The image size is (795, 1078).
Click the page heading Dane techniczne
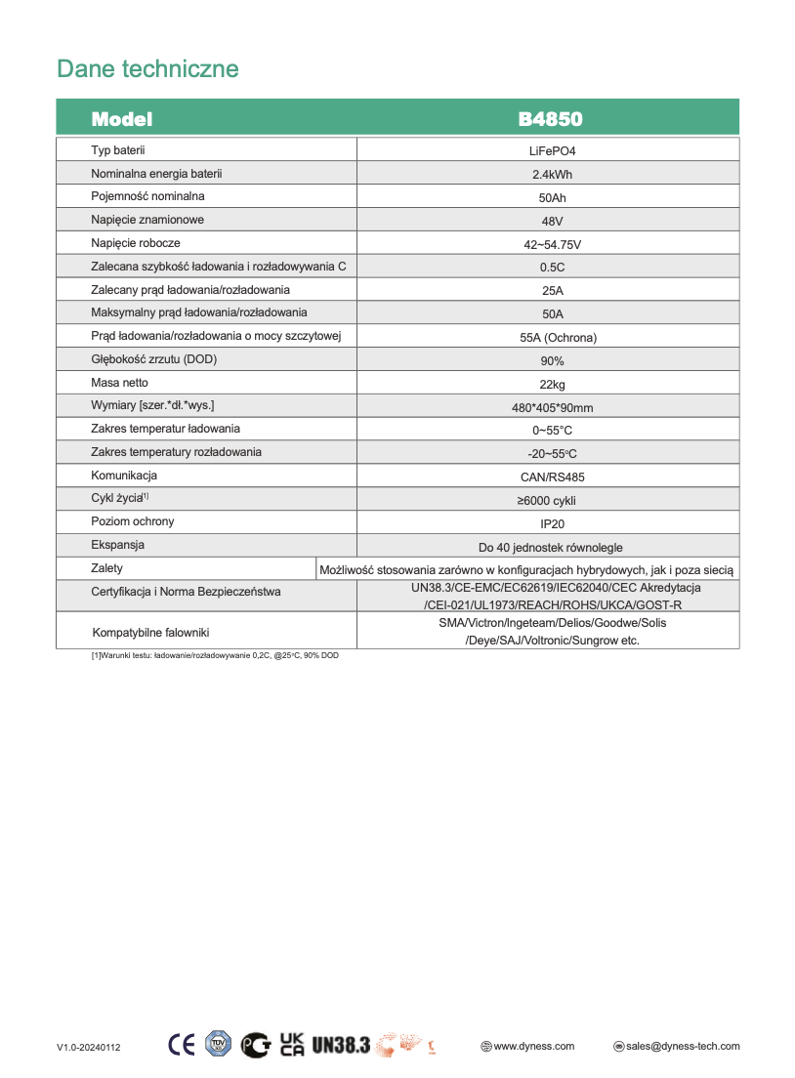[147, 69]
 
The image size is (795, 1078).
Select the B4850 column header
[550, 119]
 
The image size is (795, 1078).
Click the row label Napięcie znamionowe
[147, 220]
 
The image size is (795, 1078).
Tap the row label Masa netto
[119, 383]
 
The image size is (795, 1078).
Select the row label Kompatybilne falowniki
[150, 633]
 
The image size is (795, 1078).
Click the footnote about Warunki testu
[215, 655]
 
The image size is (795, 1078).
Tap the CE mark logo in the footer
[182, 1045]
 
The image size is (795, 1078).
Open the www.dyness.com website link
[533, 1046]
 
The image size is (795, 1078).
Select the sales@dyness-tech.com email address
[683, 1046]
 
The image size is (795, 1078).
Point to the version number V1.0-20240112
[88, 1048]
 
